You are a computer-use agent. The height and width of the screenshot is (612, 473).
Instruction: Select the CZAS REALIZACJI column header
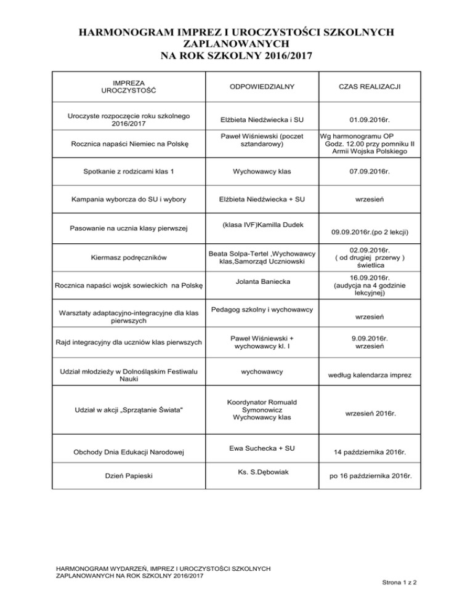tap(371, 87)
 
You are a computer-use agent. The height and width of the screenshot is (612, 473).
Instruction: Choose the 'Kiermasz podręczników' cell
tap(129, 258)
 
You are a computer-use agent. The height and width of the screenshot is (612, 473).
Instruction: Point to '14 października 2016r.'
tap(371, 452)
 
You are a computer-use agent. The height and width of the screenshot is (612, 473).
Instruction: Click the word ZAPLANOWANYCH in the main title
tap(236, 45)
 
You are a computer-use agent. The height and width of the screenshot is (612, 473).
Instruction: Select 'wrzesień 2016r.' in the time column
tap(371, 414)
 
